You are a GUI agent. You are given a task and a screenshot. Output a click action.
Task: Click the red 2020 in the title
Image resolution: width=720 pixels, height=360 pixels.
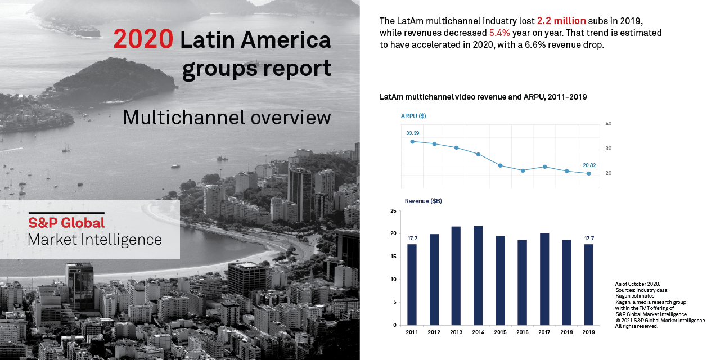(143, 39)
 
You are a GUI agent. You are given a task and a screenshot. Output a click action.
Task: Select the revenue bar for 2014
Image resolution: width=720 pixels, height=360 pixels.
(478, 275)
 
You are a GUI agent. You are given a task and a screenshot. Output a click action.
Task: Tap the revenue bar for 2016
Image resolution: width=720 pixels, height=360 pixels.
(523, 282)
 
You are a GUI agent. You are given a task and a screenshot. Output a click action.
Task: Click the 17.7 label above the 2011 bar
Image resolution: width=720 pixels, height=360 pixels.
(412, 238)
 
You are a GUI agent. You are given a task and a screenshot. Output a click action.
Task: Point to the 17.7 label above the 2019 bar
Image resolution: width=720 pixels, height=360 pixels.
(588, 238)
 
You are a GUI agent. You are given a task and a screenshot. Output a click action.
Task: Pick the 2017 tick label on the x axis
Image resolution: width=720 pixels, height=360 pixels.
(544, 332)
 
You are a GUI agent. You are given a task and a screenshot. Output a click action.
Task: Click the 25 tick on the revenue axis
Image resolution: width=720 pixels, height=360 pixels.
(393, 211)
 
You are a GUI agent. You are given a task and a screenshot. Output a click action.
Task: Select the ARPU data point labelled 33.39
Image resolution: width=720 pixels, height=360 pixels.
(412, 141)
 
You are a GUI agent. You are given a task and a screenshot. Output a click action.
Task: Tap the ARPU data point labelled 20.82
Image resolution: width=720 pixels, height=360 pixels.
(588, 173)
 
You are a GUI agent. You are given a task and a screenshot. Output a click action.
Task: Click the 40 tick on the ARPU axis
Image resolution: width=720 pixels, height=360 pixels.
(608, 124)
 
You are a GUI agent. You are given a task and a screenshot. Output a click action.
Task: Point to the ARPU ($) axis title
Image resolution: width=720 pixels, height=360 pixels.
(413, 116)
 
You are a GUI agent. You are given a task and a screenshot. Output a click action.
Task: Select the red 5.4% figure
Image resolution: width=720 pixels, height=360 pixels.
(499, 33)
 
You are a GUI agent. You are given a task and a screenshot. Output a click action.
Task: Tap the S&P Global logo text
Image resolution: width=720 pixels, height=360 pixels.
(66, 222)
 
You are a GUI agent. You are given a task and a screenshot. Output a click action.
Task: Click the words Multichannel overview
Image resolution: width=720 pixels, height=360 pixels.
(227, 118)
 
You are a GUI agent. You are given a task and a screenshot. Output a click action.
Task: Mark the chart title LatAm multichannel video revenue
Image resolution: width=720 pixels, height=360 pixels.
(483, 97)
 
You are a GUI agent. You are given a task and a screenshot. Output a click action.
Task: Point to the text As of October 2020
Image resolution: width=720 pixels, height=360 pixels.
(637, 284)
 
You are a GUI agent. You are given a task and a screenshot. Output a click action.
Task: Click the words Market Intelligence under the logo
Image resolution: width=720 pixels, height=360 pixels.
(94, 240)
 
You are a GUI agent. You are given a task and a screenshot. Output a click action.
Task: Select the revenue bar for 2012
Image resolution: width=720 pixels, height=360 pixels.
(434, 279)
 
